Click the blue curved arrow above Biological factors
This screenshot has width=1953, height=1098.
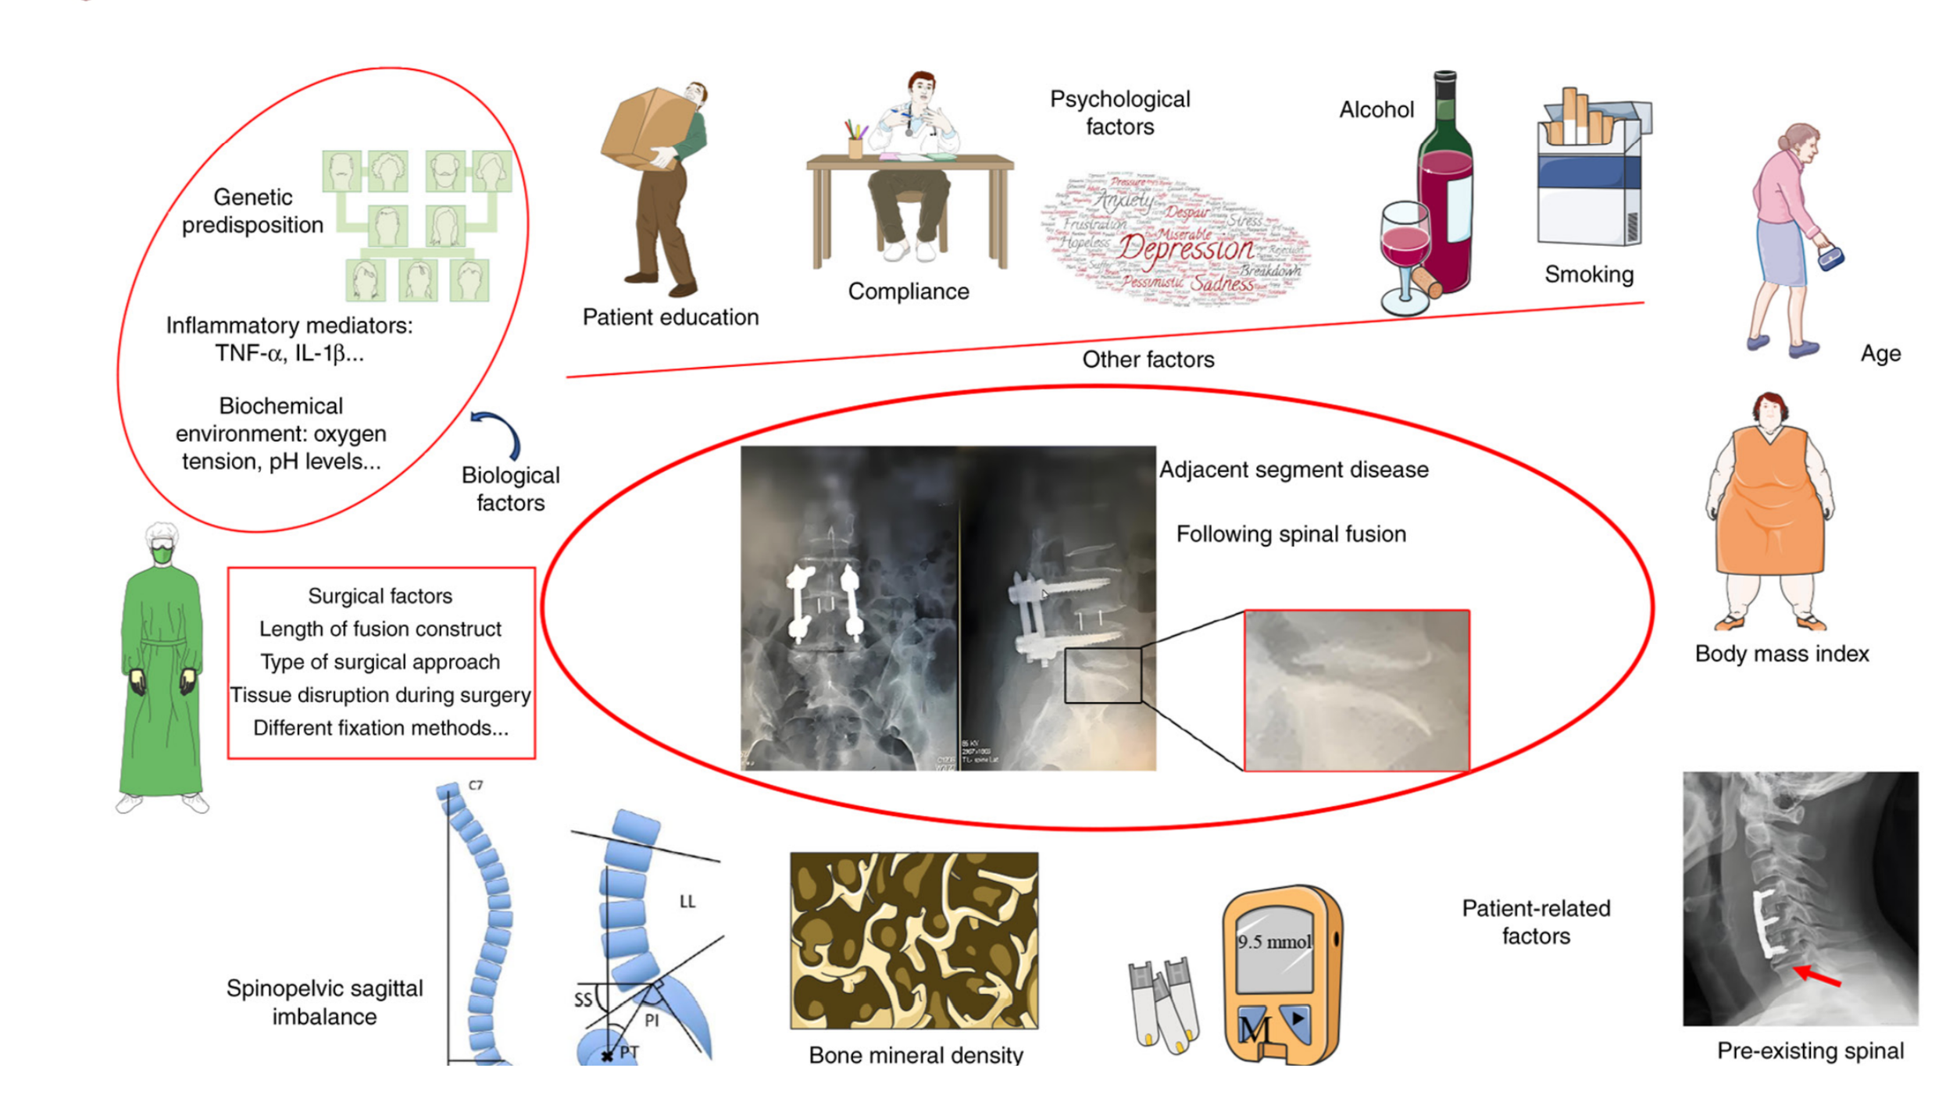click(x=498, y=432)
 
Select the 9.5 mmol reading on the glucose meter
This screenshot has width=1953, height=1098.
click(x=1273, y=942)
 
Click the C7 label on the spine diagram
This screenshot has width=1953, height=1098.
click(x=475, y=785)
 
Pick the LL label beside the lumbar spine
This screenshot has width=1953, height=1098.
click(x=687, y=902)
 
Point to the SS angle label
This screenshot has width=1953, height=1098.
click(x=583, y=1000)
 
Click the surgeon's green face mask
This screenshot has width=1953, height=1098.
click(x=162, y=554)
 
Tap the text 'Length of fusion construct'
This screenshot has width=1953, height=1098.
click(x=380, y=629)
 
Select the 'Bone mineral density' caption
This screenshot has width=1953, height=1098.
click(x=916, y=1055)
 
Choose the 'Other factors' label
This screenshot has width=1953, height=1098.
click(x=1148, y=359)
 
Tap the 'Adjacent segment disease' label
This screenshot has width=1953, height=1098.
click(x=1294, y=469)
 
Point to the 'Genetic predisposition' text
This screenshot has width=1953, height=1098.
click(x=252, y=211)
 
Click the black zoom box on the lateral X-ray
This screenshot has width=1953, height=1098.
click(x=1102, y=675)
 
